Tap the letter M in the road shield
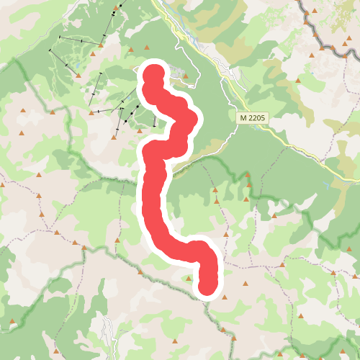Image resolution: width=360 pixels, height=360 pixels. (243, 117)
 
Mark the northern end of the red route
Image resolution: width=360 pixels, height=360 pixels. (155, 75)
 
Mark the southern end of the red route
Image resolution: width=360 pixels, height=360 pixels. (207, 285)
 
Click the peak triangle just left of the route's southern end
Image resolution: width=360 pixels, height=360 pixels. (189, 277)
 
